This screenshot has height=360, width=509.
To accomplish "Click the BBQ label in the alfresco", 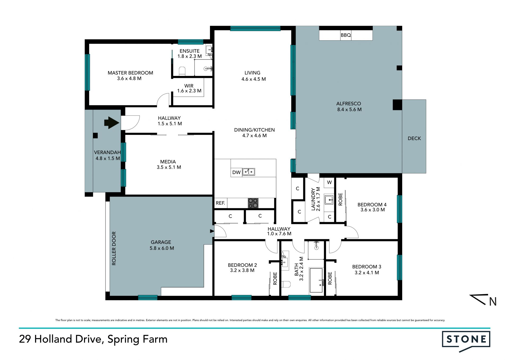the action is pos(346,35).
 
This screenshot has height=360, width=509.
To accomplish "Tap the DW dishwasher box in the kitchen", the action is pos(236,172).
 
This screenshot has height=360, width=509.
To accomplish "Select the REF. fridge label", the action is pos(220,203).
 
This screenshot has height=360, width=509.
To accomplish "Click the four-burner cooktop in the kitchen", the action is pos(253,203).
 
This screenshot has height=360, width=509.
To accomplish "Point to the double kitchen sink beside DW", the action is pos(249,172).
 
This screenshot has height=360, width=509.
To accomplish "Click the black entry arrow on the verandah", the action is pos(112,123).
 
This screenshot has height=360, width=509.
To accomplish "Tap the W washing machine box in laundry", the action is pos(329,182).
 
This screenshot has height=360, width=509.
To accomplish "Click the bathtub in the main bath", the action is pos(316,280).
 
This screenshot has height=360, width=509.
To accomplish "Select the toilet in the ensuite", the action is pos(182,71).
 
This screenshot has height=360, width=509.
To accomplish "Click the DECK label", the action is pos(414,138).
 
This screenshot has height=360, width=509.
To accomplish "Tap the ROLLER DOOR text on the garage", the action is pos(114,248).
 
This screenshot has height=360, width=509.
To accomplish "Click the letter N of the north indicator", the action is pos(493,302).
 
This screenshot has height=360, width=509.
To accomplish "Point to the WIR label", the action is pos(189,86).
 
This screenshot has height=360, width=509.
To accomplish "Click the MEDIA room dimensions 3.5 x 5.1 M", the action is pos(169,167).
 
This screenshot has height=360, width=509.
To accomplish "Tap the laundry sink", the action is pos(329,199).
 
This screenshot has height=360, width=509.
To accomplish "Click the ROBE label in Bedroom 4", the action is pos(341,199).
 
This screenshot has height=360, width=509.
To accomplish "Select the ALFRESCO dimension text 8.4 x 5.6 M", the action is pos(349,109).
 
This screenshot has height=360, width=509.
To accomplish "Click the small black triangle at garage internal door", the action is pos(212,231).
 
